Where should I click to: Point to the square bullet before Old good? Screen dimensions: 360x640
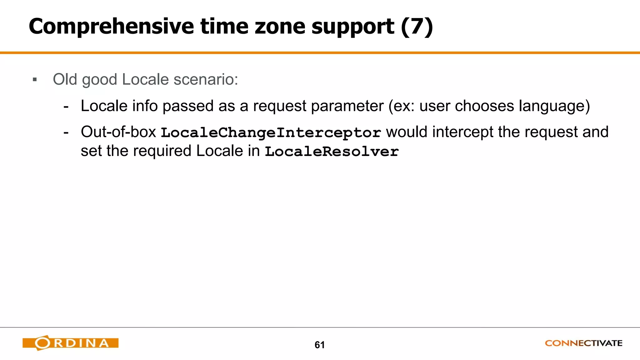point(35,80)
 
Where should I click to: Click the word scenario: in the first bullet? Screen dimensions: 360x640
point(206,79)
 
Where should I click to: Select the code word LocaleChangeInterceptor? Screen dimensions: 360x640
point(271,133)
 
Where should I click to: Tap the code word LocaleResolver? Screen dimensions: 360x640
point(332,152)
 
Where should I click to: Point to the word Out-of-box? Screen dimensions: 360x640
point(118,132)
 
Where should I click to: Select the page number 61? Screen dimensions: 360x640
point(319,345)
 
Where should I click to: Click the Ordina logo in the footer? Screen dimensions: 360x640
point(70,343)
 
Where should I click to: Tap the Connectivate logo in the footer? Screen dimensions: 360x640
point(583,343)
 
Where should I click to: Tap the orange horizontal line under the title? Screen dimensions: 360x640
point(320,53)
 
